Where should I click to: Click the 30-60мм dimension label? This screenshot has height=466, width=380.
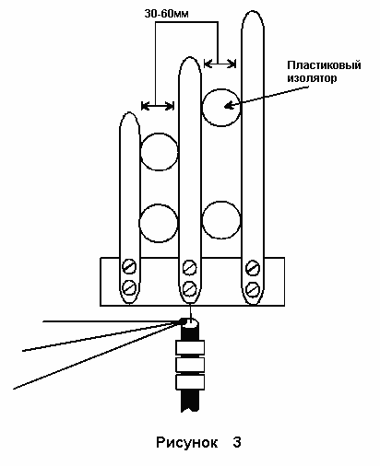click(166, 14)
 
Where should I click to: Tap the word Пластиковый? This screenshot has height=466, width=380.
click(324, 65)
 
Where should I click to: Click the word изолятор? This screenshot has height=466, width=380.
click(312, 78)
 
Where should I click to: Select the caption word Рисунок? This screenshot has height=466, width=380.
click(186, 443)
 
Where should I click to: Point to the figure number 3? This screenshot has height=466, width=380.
click(237, 443)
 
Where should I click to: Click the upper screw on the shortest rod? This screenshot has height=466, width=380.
click(129, 267)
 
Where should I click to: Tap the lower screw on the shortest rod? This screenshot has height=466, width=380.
click(129, 288)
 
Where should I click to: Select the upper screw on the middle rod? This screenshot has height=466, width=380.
click(189, 267)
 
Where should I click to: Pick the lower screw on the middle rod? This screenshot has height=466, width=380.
click(189, 288)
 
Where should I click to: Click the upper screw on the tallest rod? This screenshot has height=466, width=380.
click(253, 268)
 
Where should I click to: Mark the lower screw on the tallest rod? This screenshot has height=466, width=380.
click(253, 289)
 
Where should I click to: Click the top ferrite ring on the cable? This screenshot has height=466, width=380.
click(190, 347)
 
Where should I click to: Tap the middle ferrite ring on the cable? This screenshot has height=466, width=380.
click(190, 365)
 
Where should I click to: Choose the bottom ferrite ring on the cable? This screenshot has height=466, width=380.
click(190, 382)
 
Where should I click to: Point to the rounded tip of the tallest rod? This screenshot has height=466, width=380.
click(253, 11)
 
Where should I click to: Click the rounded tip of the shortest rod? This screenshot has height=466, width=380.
click(129, 112)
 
